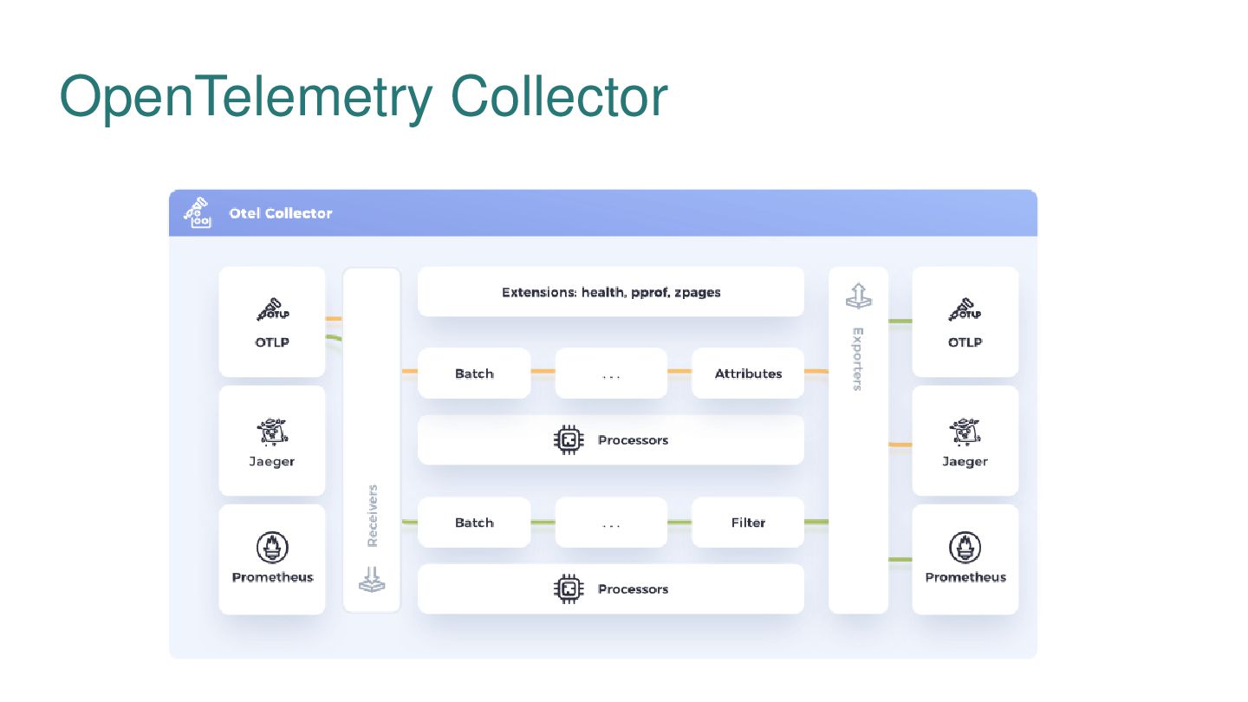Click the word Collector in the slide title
tap(560, 96)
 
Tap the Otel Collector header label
tap(280, 213)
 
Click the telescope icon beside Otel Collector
tap(198, 213)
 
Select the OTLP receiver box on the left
tap(272, 322)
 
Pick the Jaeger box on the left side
tap(272, 441)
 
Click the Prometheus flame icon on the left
tap(272, 547)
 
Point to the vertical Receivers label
tap(373, 516)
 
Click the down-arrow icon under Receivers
tap(373, 580)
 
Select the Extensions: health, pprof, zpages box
tap(611, 292)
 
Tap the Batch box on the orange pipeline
tap(474, 374)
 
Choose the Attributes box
tap(748, 374)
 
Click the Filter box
tap(748, 523)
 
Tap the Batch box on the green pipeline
tap(474, 523)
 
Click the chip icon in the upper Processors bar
tap(569, 440)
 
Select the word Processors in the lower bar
tap(633, 589)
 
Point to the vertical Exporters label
tap(858, 359)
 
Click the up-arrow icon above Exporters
tap(858, 296)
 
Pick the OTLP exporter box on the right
tap(965, 322)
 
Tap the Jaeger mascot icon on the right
tap(965, 432)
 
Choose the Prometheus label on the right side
tap(965, 577)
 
